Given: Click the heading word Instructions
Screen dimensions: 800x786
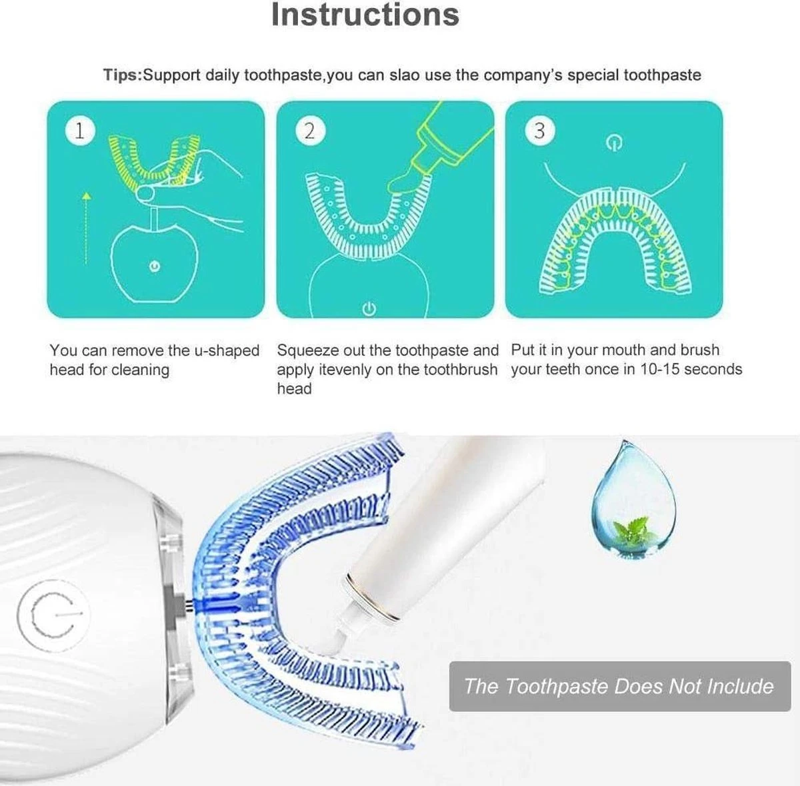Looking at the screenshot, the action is click(x=365, y=15).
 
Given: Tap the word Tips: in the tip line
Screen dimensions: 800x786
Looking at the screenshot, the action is click(x=123, y=75).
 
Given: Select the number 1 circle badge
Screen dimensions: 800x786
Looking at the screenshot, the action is click(x=80, y=131).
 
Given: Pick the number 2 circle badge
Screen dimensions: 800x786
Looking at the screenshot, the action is click(x=310, y=131).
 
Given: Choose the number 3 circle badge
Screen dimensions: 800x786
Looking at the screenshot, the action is click(x=539, y=131).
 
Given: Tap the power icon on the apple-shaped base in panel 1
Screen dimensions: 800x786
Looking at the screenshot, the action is click(x=155, y=266).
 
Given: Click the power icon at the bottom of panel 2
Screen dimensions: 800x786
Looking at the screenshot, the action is click(x=369, y=309).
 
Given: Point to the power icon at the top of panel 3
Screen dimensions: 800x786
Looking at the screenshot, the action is click(x=614, y=143).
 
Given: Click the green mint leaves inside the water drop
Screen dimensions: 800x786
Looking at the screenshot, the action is click(x=633, y=530).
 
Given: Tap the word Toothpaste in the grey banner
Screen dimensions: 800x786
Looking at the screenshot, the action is click(x=557, y=686).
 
